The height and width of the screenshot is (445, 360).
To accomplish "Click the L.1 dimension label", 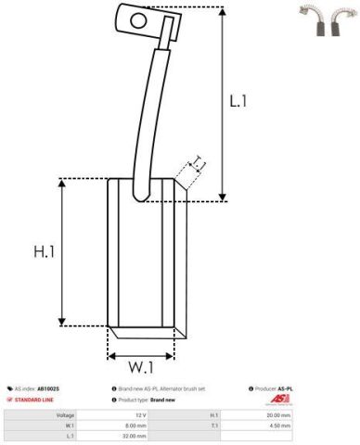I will tap(239, 100).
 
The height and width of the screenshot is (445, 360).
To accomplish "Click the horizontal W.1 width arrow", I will tap(142, 355).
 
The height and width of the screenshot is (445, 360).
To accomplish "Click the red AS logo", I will tap(280, 399).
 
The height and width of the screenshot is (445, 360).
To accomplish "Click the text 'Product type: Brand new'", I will tap(148, 399).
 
